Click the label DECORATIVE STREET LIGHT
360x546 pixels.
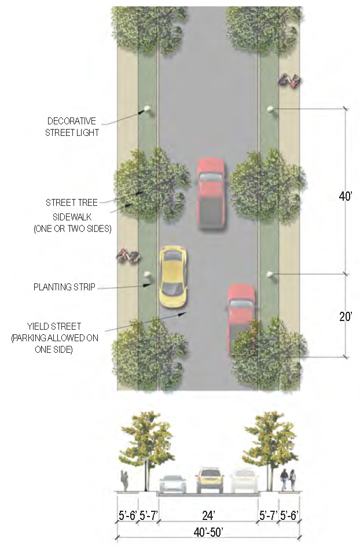click(74, 127)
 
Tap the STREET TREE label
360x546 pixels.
click(72, 202)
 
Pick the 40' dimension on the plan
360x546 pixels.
click(346, 197)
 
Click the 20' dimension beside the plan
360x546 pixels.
click(346, 317)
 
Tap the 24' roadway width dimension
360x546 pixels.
click(208, 514)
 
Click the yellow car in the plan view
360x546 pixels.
click(172, 276)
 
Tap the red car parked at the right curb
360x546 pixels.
click(241, 318)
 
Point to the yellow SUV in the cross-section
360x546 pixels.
click(209, 480)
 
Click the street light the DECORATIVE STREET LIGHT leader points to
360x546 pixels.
click(147, 109)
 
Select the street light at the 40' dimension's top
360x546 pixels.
click(270, 109)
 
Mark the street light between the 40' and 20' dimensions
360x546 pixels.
click(270, 275)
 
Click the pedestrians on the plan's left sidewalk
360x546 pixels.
click(128, 255)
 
